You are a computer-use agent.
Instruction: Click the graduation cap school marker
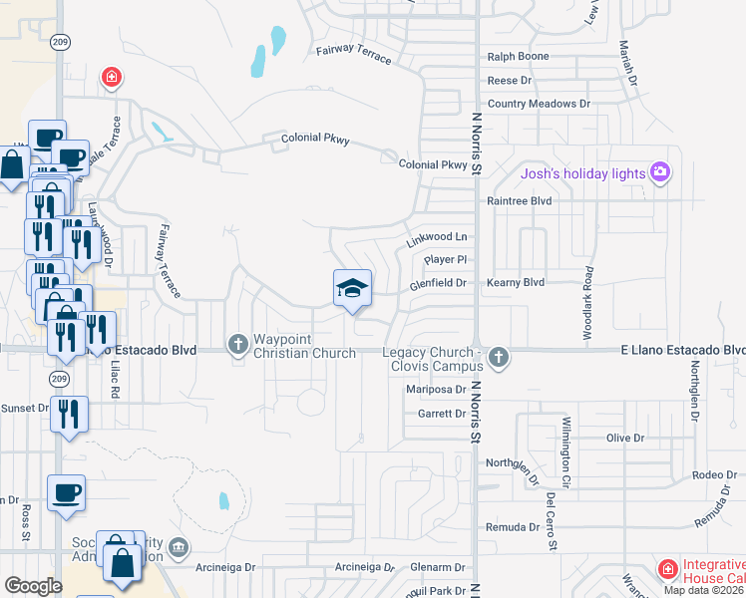(x=351, y=289)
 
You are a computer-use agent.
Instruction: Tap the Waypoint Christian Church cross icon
(x=237, y=344)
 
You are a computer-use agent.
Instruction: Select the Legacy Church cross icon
(x=499, y=356)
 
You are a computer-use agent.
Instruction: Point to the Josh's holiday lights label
(x=583, y=174)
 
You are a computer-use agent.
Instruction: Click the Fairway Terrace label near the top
(x=354, y=53)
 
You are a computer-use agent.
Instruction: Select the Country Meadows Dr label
(x=539, y=104)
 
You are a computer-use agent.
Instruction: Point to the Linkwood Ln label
(x=437, y=240)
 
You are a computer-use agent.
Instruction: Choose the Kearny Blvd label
(x=516, y=283)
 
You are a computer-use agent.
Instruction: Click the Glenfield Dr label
(x=439, y=284)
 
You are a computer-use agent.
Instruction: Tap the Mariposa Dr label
(x=436, y=391)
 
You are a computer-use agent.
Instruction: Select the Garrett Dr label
(x=442, y=414)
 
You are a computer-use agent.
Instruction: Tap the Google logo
(x=33, y=586)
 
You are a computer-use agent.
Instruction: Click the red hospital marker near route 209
(x=112, y=77)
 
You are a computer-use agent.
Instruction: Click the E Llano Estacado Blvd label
(x=682, y=350)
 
